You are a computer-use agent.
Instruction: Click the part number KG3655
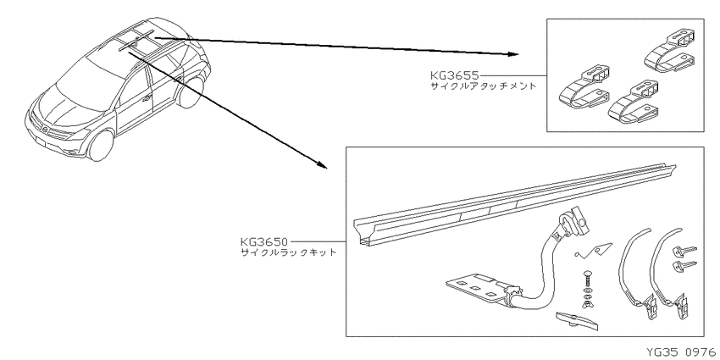454,75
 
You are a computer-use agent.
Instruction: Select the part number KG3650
264,241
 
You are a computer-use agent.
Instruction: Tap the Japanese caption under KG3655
483,86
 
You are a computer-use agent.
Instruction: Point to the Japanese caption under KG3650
289,252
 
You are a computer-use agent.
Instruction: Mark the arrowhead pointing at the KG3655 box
514,54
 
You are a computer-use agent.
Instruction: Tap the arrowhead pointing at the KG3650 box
323,165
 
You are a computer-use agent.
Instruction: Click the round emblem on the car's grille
45,130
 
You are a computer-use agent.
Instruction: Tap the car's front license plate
41,144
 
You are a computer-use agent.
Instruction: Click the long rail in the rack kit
514,204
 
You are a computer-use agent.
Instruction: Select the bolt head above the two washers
586,276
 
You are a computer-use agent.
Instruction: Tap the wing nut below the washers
586,302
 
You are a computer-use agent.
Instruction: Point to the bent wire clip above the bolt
593,249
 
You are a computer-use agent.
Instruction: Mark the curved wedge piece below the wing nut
578,321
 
